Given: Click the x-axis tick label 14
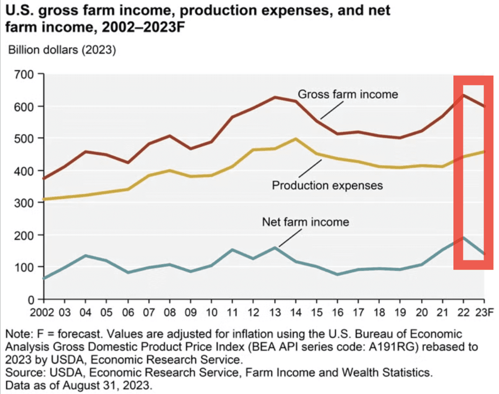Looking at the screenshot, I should (x=295, y=311).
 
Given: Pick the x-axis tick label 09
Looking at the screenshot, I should (x=190, y=311).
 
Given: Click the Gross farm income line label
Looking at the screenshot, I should (x=348, y=94).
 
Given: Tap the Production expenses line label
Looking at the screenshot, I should (x=327, y=185).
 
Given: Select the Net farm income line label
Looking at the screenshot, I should (x=305, y=221).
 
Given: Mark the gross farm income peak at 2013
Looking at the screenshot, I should (x=275, y=97).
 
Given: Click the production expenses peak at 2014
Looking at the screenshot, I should (x=295, y=139).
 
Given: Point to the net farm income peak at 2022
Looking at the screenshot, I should (x=464, y=237).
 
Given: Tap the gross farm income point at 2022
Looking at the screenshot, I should (x=464, y=95).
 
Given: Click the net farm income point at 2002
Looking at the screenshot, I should (x=44, y=278).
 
